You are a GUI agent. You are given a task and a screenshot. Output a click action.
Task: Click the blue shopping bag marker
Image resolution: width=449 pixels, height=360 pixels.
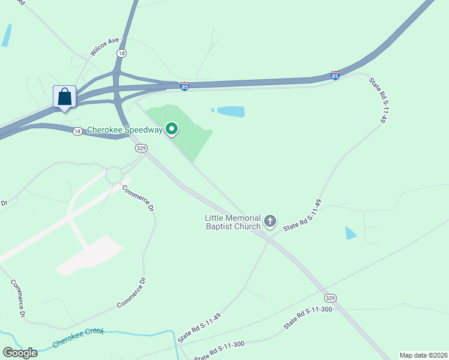(x=65, y=97)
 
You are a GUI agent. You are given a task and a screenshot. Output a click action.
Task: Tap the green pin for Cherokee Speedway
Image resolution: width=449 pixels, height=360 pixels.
(x=172, y=128)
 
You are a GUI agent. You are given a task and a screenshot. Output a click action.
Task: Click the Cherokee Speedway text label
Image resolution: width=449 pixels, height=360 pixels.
(x=125, y=130)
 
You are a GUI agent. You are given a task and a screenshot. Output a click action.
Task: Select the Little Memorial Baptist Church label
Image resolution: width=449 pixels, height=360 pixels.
(x=233, y=222)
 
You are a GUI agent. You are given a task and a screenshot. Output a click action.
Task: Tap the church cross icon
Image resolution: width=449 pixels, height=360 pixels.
(x=270, y=222)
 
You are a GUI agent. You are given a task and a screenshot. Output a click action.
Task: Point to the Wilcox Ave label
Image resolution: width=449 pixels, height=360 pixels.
(x=105, y=46)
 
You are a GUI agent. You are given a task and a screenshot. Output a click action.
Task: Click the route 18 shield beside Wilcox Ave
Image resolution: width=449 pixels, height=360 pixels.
(x=122, y=53)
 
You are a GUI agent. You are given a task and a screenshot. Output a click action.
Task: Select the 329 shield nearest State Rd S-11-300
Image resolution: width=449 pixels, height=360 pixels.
(x=330, y=298)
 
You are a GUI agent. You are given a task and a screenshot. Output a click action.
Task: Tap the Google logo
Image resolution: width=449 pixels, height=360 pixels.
(x=20, y=353)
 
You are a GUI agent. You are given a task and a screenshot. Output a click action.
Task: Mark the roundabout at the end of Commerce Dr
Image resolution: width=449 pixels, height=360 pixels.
(x=113, y=176)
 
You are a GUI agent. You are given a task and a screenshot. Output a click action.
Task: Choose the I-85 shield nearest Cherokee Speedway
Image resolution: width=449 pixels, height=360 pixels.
(x=185, y=86)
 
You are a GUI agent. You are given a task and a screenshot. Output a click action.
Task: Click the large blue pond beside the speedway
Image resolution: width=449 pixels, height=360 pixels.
(x=231, y=111)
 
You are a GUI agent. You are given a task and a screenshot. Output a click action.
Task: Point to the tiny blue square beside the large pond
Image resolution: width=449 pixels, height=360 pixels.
(x=212, y=110)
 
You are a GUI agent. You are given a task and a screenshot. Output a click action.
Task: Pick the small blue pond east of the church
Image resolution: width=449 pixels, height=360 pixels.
(x=351, y=233)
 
